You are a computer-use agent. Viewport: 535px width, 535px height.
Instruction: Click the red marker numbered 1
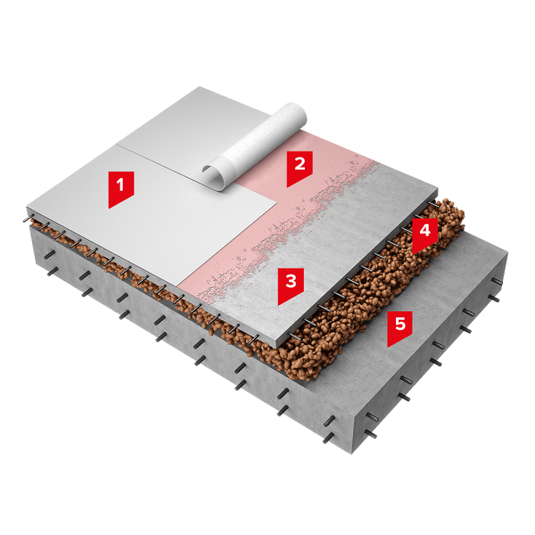pyautogui.click(x=120, y=188)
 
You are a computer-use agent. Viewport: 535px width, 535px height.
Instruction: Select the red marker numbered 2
pyautogui.click(x=300, y=168)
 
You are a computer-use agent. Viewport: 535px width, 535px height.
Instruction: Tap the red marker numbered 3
pyautogui.click(x=291, y=285)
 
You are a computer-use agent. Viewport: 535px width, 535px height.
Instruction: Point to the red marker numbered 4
pyautogui.click(x=424, y=234)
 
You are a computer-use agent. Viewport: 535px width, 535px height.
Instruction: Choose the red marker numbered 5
pyautogui.click(x=399, y=327)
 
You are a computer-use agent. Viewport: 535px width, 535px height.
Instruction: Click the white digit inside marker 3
pyautogui.click(x=291, y=282)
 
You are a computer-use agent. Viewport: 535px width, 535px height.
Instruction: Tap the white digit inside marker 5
pyautogui.click(x=399, y=324)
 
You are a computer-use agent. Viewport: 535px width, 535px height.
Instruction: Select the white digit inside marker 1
pyautogui.click(x=120, y=185)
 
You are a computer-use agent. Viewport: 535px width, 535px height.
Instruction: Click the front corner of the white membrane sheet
pyautogui.click(x=178, y=286)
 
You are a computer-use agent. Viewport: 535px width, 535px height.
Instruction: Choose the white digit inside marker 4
pyautogui.click(x=424, y=231)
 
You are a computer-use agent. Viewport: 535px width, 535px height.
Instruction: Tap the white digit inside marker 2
pyautogui.click(x=300, y=164)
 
